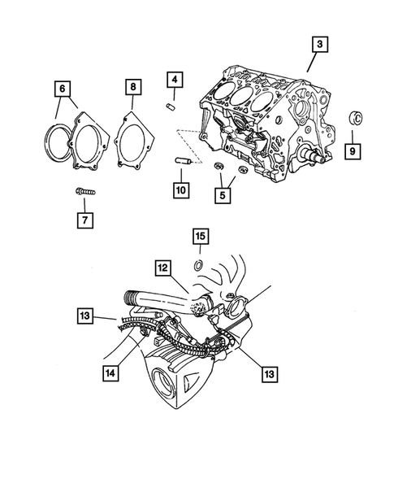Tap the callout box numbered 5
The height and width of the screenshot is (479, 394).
click(222, 195)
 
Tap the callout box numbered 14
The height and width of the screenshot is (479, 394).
click(110, 372)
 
